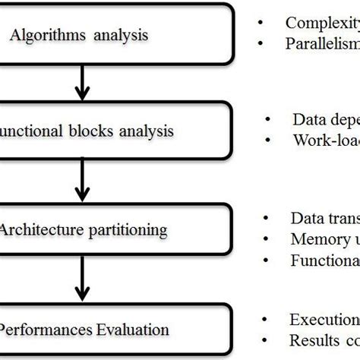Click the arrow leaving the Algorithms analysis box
tap(81, 80)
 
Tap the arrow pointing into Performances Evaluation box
tap(81, 279)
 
